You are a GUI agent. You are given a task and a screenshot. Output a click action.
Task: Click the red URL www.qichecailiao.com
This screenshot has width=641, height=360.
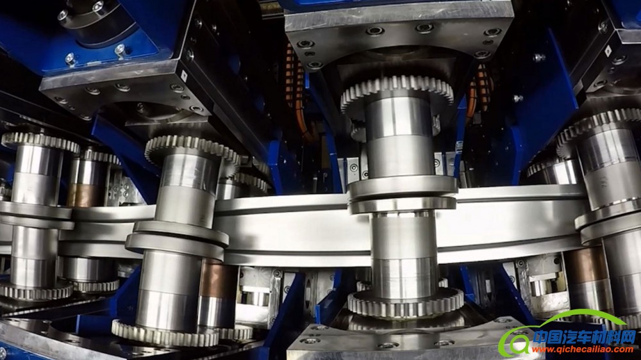click(x=582, y=349)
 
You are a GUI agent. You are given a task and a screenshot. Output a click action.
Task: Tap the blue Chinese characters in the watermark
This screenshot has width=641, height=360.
click(x=585, y=337)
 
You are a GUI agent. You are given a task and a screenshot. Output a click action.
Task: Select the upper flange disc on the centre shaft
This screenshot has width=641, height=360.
click(x=403, y=186)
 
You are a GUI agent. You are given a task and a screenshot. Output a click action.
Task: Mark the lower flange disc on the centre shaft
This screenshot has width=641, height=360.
click(x=403, y=204)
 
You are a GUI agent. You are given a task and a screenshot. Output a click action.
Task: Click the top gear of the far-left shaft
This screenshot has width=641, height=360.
click(x=40, y=142)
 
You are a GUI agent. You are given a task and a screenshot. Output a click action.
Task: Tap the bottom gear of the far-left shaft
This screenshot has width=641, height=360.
click(x=36, y=291)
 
